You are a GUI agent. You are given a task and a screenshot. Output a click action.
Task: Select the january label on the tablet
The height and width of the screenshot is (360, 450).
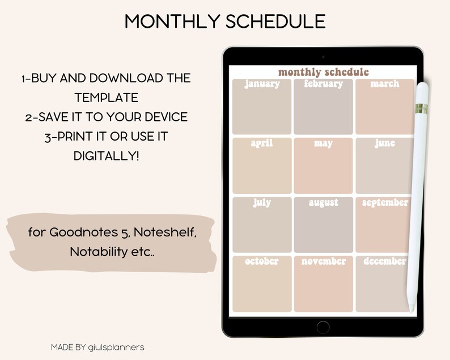coord(262,84)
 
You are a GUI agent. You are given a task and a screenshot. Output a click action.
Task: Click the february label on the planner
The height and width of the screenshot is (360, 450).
coord(323,84)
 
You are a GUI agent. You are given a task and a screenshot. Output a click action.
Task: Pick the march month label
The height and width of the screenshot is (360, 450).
coord(385,84)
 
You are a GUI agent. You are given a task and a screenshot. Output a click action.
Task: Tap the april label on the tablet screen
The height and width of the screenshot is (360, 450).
coord(262,143)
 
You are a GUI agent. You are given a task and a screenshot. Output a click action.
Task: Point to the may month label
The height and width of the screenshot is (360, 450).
coord(323,143)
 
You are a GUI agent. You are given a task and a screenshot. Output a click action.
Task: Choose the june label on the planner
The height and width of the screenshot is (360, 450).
coord(385,143)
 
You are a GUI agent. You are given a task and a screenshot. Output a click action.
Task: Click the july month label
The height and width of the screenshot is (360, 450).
coord(262,202)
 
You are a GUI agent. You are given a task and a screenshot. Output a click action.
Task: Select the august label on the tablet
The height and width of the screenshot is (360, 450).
coord(323,202)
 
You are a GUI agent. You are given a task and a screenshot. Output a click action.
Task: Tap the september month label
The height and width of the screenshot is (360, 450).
coord(385,202)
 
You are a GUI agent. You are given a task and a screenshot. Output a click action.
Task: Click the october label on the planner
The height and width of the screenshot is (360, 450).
coord(262,261)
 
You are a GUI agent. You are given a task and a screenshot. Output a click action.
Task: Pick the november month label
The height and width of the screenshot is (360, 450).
coord(323,261)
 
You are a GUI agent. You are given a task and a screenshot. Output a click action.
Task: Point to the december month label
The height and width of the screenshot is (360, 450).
coord(385,261)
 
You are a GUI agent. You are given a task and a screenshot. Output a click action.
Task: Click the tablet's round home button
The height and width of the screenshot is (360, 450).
coord(323,327)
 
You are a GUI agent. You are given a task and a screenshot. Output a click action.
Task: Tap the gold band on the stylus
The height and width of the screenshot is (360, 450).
coord(421,108)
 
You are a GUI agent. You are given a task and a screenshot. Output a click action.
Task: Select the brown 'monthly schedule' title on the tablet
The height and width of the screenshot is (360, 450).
coord(323,72)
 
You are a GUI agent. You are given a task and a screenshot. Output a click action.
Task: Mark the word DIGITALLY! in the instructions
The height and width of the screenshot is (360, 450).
coord(106,155)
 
